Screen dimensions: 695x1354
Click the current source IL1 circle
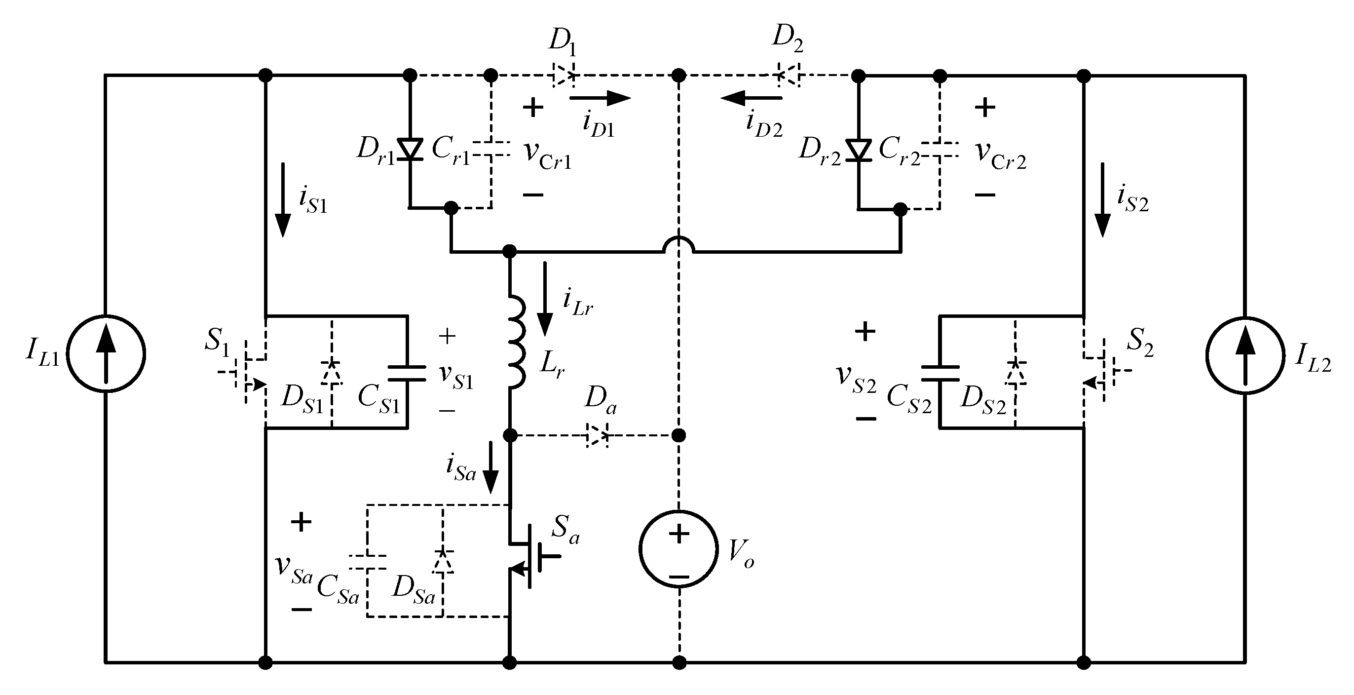tap(106, 353)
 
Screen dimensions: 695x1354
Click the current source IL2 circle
tap(1244, 355)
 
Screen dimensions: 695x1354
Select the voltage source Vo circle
tap(678, 548)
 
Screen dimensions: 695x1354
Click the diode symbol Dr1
tap(410, 150)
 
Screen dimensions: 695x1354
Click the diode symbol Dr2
tap(859, 151)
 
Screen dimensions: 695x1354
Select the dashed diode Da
tap(597, 435)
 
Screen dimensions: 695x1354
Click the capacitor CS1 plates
tap(407, 373)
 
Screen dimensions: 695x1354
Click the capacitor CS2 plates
tap(940, 373)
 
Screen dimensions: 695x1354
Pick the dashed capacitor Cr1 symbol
tap(491, 149)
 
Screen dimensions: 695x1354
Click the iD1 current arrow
tap(599, 98)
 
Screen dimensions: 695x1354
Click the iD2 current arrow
tap(752, 98)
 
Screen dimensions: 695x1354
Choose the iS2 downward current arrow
tap(1102, 200)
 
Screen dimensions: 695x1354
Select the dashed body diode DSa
tap(443, 561)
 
